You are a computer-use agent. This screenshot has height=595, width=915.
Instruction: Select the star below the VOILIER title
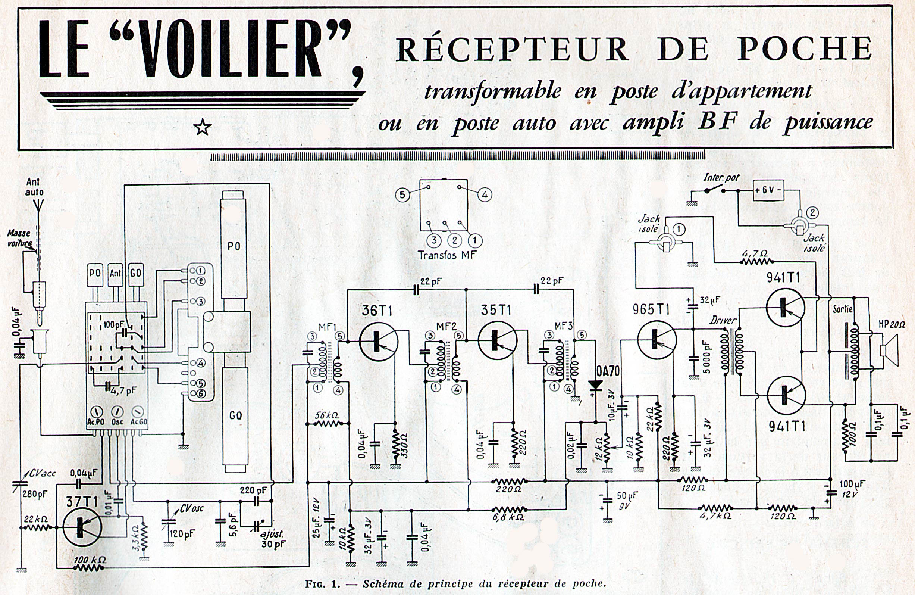click(x=203, y=128)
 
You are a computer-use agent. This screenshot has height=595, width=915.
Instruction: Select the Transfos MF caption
click(x=447, y=255)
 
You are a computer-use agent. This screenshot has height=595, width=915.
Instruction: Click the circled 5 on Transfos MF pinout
click(x=402, y=195)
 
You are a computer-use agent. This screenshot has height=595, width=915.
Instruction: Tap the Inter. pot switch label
click(x=721, y=178)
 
